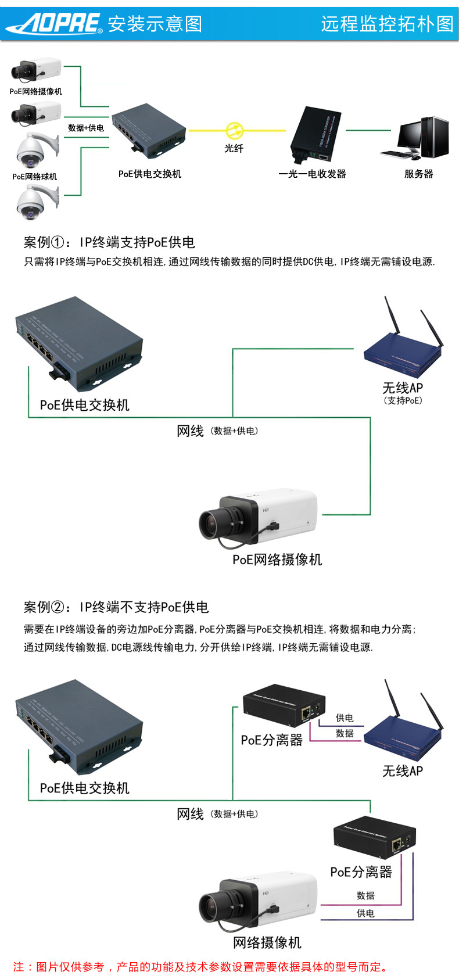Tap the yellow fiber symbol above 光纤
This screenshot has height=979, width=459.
pos(235,130)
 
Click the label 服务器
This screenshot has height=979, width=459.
pos(418,174)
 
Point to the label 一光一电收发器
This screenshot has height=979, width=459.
pos(312,174)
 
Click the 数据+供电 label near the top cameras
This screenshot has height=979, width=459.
pos(86,128)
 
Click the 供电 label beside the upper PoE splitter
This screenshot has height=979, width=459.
pos(345,718)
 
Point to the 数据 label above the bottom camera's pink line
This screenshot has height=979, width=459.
pos(365,895)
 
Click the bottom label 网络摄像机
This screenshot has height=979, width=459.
pos(267,942)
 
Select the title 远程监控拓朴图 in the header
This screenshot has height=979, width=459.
pos(388,24)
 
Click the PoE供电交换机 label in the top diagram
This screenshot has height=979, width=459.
pos(149,174)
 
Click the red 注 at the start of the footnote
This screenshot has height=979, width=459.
pos(19,966)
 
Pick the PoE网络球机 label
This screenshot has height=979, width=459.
pos(34,177)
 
